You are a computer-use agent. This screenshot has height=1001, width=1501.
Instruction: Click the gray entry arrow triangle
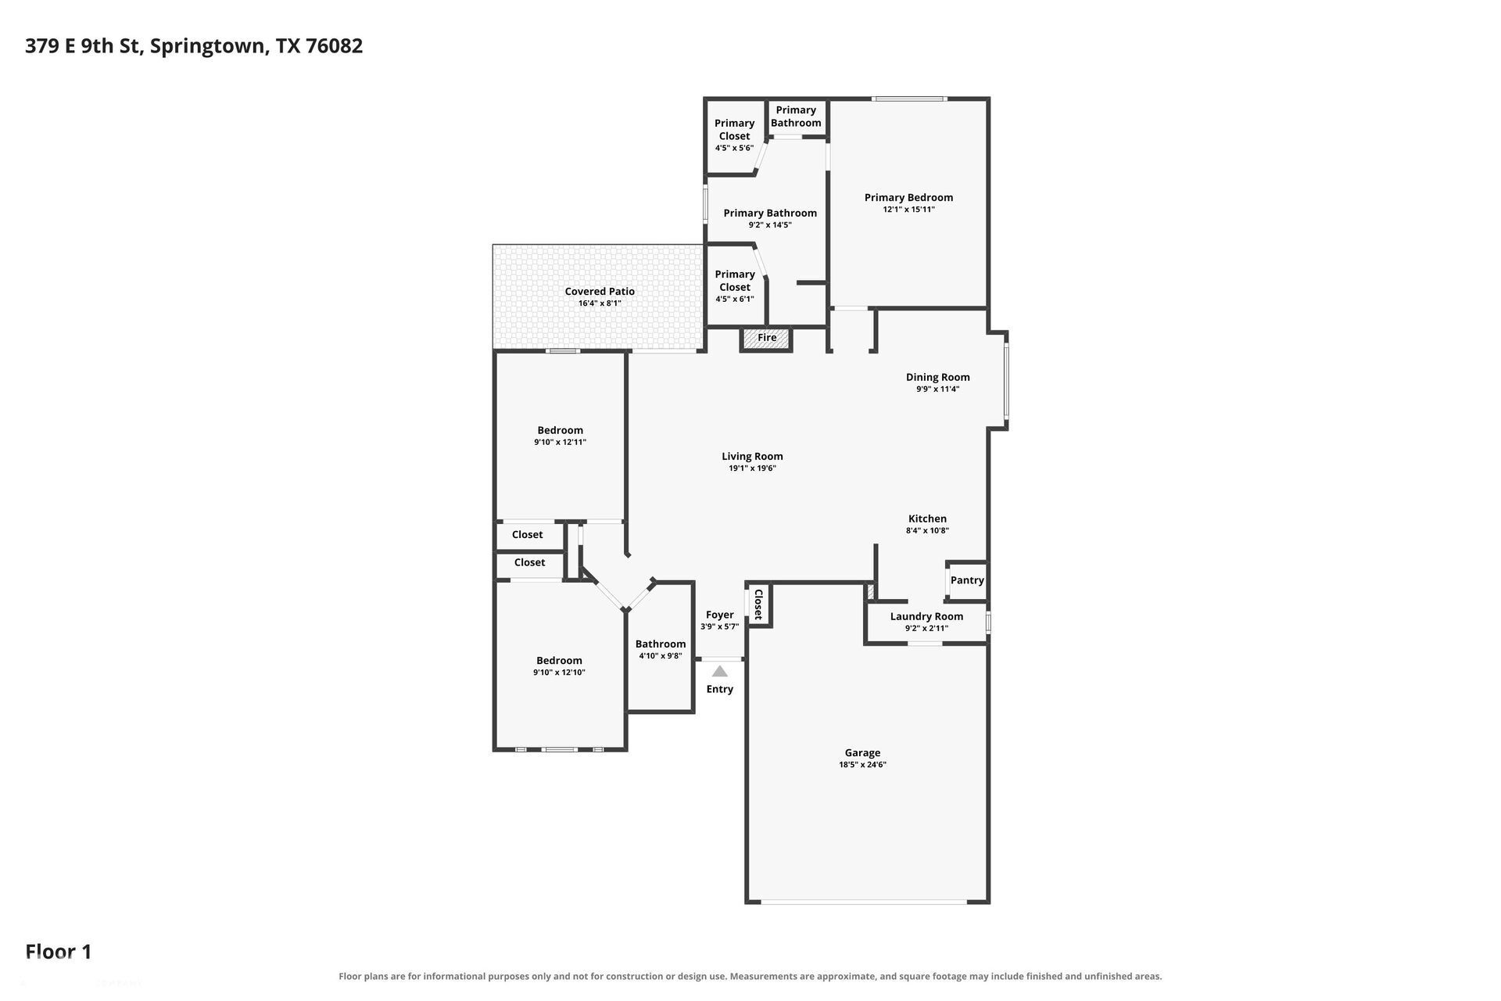coord(720,671)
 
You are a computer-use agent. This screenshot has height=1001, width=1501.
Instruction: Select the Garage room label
coord(862,752)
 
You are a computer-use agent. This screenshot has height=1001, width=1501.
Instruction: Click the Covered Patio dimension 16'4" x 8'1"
coord(600,303)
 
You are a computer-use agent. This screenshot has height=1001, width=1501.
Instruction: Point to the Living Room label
coord(752,456)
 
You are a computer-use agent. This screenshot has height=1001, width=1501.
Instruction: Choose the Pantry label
coord(967,580)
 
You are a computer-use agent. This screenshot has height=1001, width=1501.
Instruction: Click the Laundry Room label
coord(926,616)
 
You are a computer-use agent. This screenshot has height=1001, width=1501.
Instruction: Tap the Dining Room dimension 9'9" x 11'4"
coord(938,389)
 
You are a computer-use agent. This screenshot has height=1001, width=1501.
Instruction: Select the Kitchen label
coord(927,518)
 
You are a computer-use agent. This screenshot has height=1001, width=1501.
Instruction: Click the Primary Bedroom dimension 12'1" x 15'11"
coord(908,210)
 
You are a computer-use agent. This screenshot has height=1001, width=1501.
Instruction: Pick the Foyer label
coord(720,615)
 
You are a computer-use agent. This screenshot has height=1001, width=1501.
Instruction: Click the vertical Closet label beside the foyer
coord(758,605)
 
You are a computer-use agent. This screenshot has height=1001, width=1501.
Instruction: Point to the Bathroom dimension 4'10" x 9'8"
coord(661,656)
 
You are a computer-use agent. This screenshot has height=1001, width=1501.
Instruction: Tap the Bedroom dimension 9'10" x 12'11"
coord(560,443)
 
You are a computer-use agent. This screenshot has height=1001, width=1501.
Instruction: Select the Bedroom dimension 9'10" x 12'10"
coord(559,673)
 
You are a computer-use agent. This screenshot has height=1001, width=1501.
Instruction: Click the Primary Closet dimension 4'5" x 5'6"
coord(734,149)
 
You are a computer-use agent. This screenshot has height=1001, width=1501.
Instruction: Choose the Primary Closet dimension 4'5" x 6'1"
coord(734,300)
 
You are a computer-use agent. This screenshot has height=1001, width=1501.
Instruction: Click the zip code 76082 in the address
coord(334,46)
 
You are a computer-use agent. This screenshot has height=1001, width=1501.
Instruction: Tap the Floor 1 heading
coord(59,952)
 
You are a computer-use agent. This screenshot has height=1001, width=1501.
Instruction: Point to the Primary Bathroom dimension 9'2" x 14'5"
coord(770,225)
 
